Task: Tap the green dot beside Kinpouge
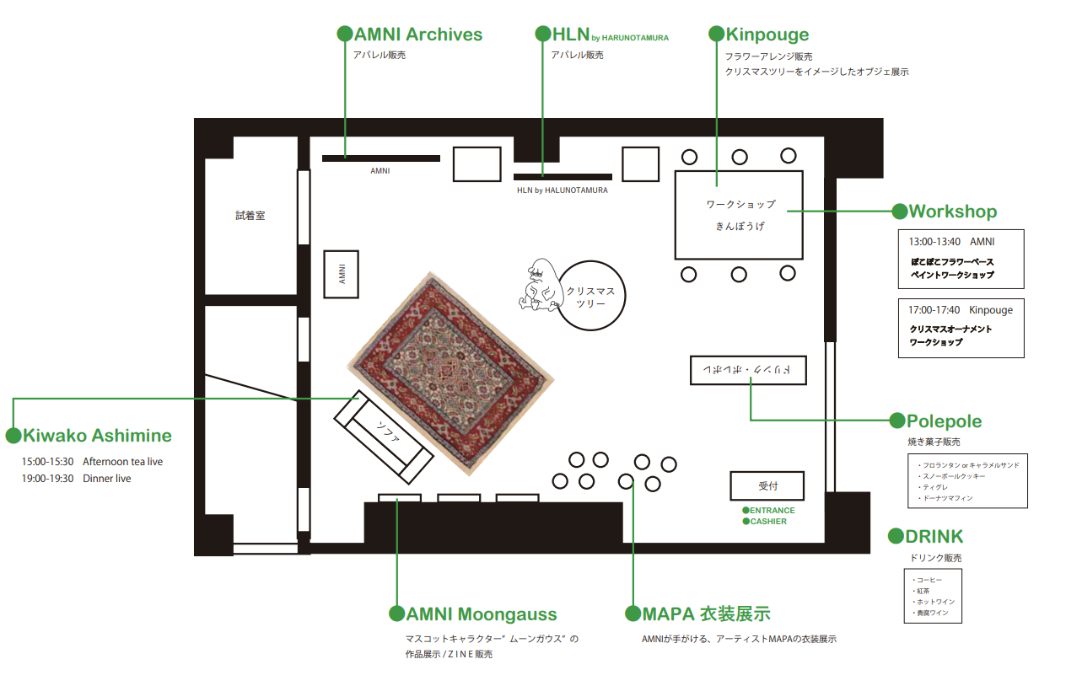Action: [x=716, y=35]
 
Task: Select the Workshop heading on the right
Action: [x=952, y=212]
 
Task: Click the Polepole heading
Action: [x=944, y=421]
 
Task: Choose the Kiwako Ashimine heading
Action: [x=97, y=436]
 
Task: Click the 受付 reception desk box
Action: [x=767, y=486]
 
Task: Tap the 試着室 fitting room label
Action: [x=250, y=216]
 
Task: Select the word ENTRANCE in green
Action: [x=773, y=511]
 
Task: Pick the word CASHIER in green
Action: [x=768, y=522]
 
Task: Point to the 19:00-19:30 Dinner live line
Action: [x=77, y=479]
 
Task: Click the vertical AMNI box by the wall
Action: [x=342, y=274]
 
